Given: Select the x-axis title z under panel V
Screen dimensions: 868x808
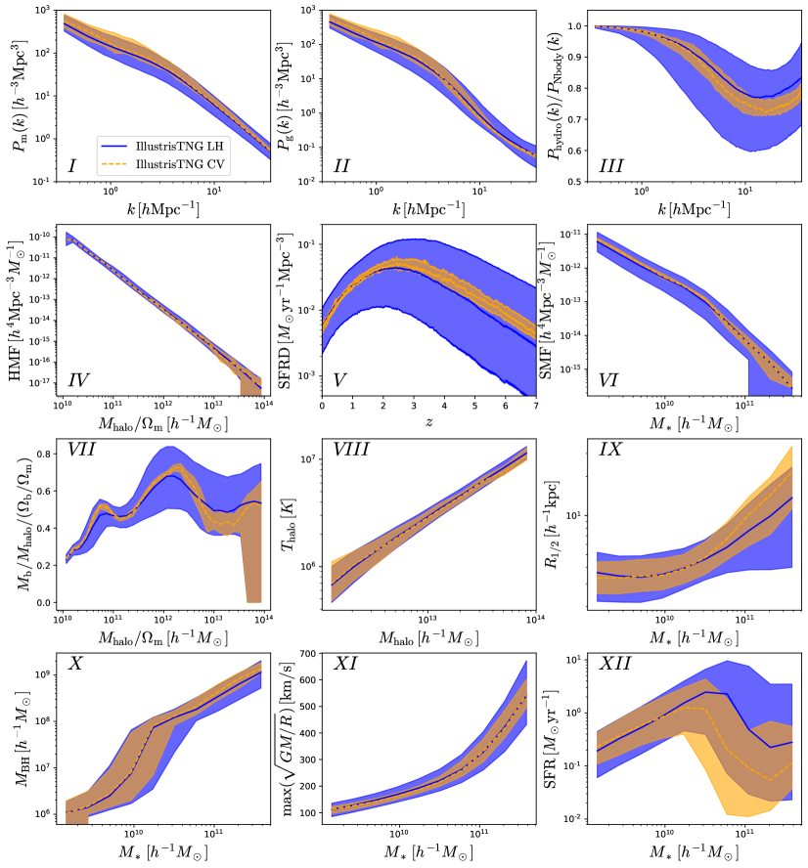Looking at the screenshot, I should pos(427,421).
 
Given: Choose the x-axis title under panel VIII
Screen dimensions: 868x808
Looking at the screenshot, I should pos(427,640).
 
